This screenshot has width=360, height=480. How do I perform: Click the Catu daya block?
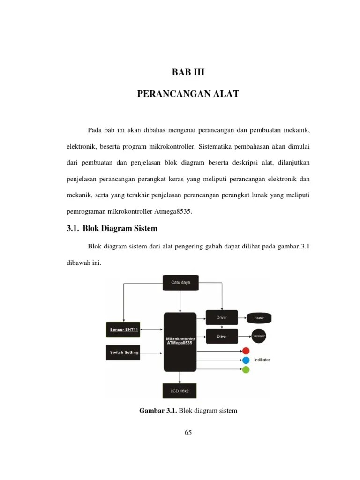coord(180,283)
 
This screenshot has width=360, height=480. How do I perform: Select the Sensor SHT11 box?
coord(124,329)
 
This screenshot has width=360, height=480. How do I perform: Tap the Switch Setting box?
coord(124,352)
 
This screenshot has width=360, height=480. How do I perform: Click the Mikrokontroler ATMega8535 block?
coord(180,341)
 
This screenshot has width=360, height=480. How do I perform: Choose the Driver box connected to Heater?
coord(222,318)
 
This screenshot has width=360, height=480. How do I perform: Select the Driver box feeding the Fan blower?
coord(222,337)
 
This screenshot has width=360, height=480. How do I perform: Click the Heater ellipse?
coord(259,318)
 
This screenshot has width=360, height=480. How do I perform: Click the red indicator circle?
coord(246,351)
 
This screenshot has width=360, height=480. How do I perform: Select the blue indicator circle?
coord(246,360)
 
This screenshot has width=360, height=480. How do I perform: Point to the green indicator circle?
coord(246,369)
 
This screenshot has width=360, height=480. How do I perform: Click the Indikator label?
coord(262,360)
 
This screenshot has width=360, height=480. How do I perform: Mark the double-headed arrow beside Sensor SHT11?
coord(152,329)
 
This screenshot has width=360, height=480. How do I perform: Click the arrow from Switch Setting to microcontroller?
coord(152,352)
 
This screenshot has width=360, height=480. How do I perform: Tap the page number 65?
coord(188,433)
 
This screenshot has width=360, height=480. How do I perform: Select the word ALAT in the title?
coord(226,94)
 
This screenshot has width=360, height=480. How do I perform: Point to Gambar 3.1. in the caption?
coord(157,411)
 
